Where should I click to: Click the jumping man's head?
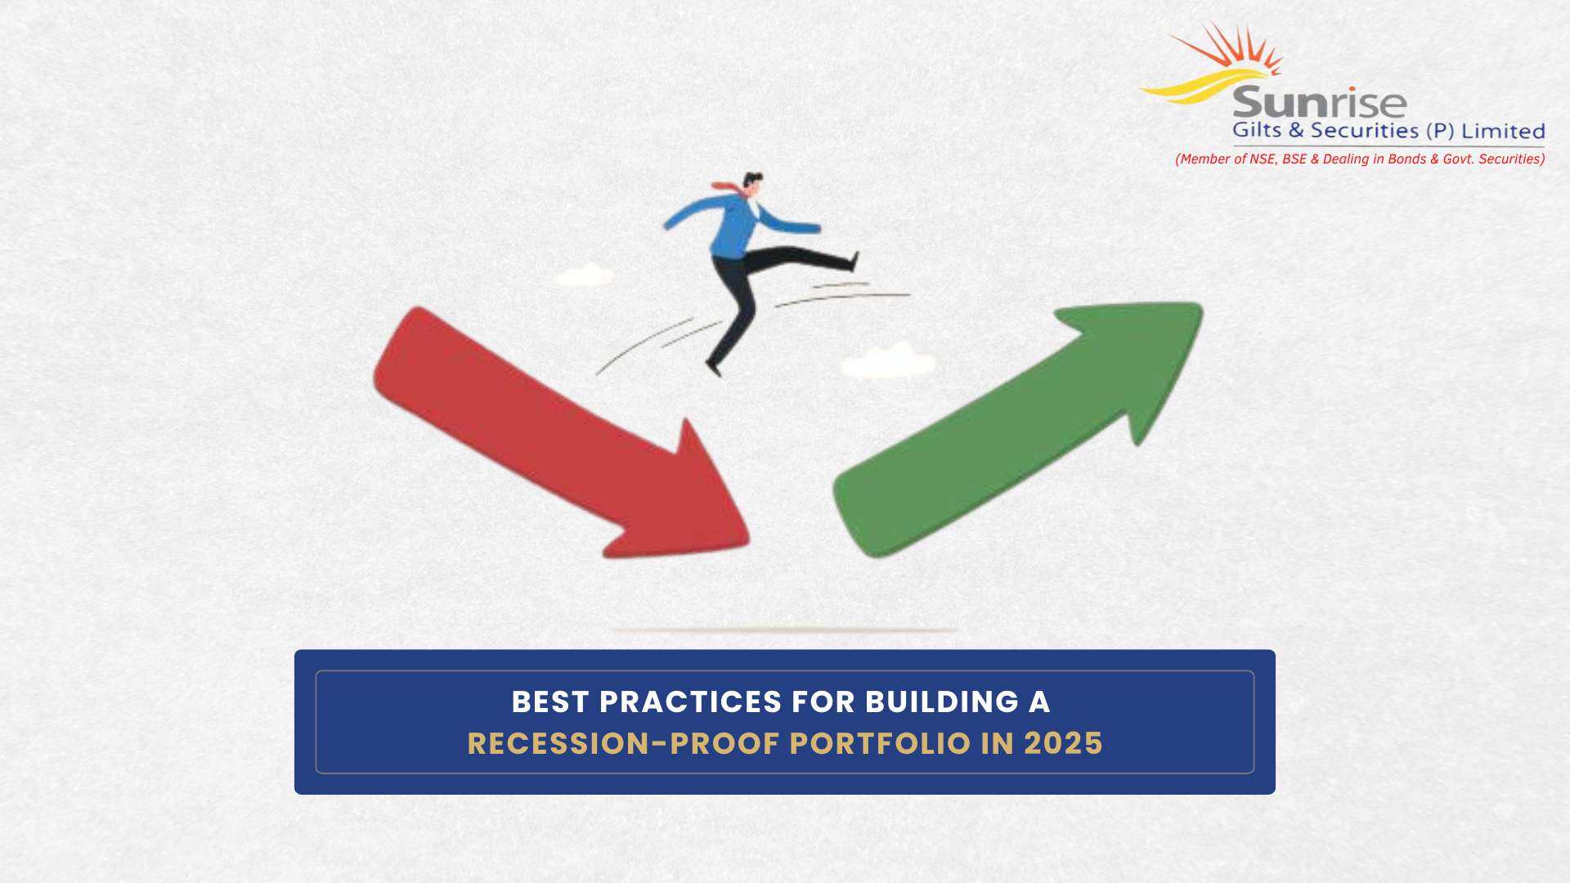click(x=752, y=183)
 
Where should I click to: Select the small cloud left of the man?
click(x=584, y=275)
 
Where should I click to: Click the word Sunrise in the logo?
click(x=1319, y=103)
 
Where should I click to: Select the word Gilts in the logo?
click(x=1258, y=130)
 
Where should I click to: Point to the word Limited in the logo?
click(x=1503, y=131)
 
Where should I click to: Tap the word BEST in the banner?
click(x=549, y=701)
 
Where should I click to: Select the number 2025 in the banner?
click(x=1063, y=743)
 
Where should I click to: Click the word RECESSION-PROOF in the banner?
click(x=623, y=743)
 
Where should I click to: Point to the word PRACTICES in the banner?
click(x=690, y=701)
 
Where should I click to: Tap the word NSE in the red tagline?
click(x=1263, y=159)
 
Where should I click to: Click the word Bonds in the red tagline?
click(x=1406, y=159)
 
